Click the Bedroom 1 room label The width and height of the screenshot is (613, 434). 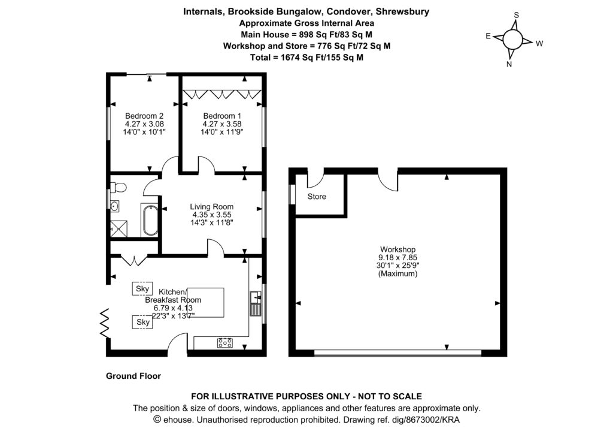pos(222,116)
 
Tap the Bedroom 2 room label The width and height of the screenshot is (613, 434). pos(144,116)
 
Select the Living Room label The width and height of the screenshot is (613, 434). pos(212,207)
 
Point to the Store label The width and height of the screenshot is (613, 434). pos(317,197)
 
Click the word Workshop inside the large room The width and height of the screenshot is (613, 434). pos(398,249)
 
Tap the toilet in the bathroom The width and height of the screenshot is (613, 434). pos(118,188)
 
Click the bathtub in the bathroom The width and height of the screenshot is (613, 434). pos(150,220)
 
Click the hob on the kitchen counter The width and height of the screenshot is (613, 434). pos(226,342)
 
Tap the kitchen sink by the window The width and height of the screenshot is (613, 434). pos(256,303)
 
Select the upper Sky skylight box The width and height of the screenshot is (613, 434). pos(142,288)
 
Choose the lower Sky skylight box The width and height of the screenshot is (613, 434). pos(143,322)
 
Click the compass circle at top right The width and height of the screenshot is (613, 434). pos(513,40)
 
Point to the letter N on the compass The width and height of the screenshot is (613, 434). pos(509,64)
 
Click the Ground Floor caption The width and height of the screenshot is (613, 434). pos(133,376)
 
